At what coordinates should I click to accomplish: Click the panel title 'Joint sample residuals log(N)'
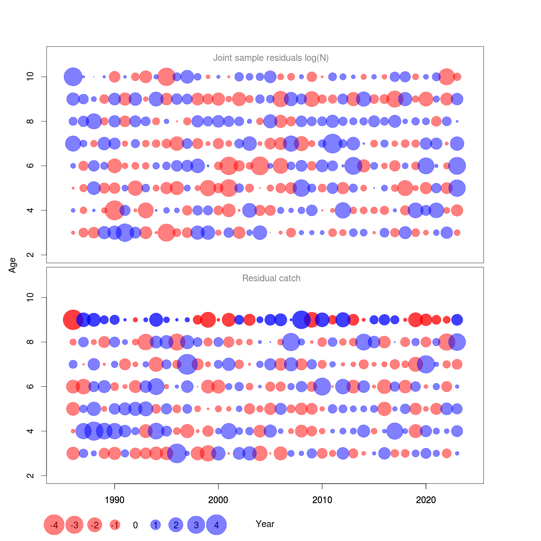point(270,58)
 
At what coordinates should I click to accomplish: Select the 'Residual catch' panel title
point(271,278)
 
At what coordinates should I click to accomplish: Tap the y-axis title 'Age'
point(13,265)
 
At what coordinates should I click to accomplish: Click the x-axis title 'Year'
point(265,524)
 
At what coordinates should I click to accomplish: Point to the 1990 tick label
point(115,500)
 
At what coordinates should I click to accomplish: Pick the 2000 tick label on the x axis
point(218,500)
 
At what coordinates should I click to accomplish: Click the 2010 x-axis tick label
point(322,500)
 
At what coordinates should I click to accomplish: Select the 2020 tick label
point(426,500)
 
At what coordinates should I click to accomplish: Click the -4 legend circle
point(54,525)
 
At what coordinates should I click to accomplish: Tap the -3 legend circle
point(74,525)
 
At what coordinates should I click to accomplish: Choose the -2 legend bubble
point(95,525)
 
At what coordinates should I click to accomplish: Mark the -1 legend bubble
point(115,525)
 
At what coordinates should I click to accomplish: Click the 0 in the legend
point(135,525)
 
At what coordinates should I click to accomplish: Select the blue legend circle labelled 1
point(156,525)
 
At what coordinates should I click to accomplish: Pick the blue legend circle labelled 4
point(216,525)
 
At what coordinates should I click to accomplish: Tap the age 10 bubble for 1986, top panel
point(73,77)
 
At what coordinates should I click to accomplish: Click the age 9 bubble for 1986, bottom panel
point(73,320)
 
